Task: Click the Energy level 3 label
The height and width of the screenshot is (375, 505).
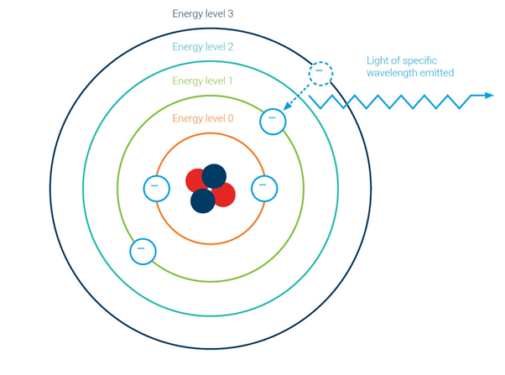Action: point(202,14)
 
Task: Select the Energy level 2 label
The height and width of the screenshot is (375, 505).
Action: point(202,47)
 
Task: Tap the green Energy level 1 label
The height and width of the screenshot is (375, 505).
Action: point(202,81)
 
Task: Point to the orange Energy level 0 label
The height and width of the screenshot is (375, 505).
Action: point(202,118)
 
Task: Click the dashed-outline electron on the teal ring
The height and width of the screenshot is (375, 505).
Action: point(320,73)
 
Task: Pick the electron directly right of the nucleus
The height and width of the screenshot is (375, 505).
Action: point(263,188)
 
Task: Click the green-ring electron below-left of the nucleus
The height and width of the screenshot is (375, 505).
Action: point(143,251)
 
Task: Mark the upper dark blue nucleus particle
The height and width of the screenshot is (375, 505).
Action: point(215,175)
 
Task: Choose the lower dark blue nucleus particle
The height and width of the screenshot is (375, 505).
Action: point(202,201)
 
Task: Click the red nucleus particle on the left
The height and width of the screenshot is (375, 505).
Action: point(196,181)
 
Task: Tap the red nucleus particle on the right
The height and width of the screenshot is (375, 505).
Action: point(224,195)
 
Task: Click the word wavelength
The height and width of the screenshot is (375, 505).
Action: point(399,73)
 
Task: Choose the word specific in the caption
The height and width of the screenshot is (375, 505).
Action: point(435,60)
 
